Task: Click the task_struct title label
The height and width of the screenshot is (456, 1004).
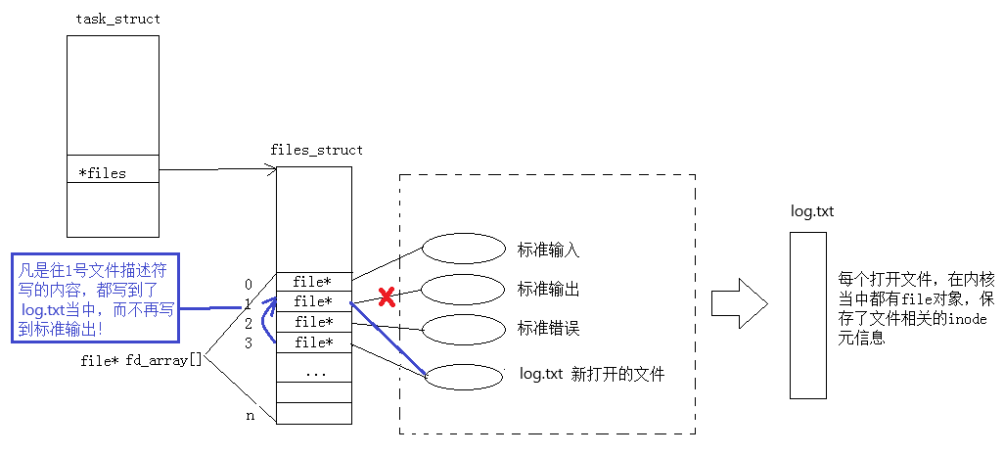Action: pyautogui.click(x=117, y=20)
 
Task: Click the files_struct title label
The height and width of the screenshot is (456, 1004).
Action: pyautogui.click(x=316, y=150)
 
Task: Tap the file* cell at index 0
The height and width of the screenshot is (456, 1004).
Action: pyautogui.click(x=313, y=282)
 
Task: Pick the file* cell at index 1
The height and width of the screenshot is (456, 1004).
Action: pyautogui.click(x=313, y=301)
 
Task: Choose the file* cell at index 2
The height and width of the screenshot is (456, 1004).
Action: pyautogui.click(x=313, y=322)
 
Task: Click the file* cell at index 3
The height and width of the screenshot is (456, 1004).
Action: pyautogui.click(x=313, y=342)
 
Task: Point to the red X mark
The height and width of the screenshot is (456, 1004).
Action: pyautogui.click(x=386, y=295)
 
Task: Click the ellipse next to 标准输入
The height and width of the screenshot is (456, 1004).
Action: pyautogui.click(x=461, y=249)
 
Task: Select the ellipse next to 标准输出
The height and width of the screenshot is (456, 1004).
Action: pyautogui.click(x=461, y=289)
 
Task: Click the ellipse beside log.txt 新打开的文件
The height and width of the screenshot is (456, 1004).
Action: pyautogui.click(x=461, y=378)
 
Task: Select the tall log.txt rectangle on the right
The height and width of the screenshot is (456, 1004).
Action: pyautogui.click(x=807, y=315)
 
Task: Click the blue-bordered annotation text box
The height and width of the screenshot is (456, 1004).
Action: pyautogui.click(x=96, y=299)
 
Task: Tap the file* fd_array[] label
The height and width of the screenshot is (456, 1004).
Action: pyautogui.click(x=141, y=361)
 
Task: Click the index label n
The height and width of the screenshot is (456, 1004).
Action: pyautogui.click(x=249, y=416)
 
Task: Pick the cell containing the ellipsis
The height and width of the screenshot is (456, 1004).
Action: pyautogui.click(x=313, y=373)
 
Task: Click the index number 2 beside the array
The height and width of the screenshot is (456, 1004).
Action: pyautogui.click(x=249, y=323)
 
